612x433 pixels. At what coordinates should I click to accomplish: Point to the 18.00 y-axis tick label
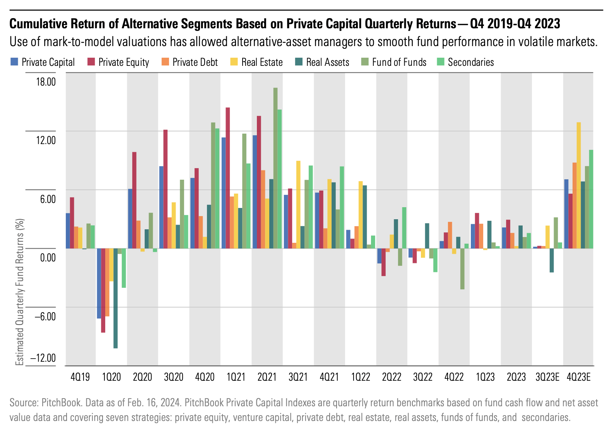tap(45, 82)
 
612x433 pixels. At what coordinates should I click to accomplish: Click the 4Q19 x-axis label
tap(80, 377)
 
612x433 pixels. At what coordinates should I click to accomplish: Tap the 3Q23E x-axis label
tap(547, 377)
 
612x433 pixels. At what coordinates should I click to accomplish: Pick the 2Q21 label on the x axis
tap(267, 377)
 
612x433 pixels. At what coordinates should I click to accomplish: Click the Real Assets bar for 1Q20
tap(115, 298)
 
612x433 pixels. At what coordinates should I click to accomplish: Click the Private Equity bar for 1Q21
tap(228, 178)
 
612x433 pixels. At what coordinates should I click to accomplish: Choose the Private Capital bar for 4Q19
tap(68, 230)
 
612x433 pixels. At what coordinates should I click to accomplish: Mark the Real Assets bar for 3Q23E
tap(552, 260)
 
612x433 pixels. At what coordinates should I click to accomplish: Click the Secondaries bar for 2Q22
tap(404, 228)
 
